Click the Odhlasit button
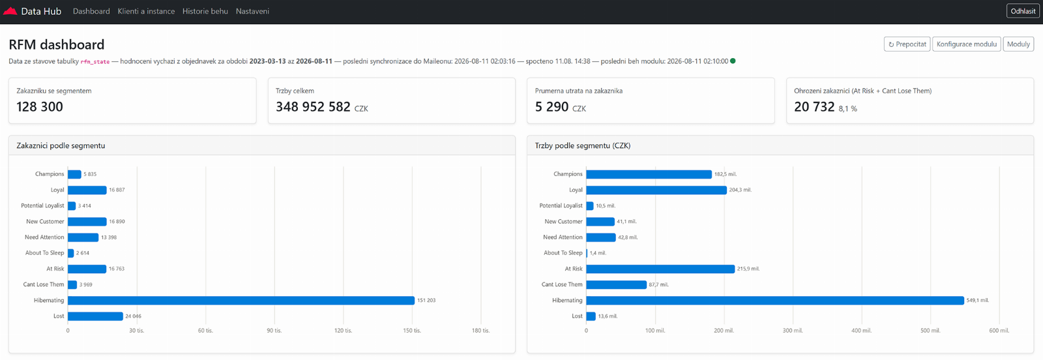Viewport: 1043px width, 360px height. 1023,11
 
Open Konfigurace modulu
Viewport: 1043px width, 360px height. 967,44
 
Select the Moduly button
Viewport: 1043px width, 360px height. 1018,44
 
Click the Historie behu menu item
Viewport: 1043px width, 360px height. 205,11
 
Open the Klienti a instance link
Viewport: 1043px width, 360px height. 146,11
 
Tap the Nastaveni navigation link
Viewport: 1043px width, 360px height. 252,11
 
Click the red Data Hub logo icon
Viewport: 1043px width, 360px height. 10,11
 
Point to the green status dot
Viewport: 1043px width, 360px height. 733,61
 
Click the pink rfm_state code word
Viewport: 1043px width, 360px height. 95,61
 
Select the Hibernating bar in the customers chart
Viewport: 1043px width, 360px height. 241,301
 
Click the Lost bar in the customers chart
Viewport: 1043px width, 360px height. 95,316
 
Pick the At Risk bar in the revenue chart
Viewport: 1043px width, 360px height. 660,269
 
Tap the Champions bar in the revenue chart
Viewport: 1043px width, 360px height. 649,174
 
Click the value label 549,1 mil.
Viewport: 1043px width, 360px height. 977,301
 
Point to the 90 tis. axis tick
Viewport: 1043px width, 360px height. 274,331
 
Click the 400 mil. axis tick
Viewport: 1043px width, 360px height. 861,331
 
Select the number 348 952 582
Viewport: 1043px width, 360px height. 313,107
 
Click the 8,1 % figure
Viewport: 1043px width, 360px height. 848,109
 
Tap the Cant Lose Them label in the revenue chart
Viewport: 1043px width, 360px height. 562,284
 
